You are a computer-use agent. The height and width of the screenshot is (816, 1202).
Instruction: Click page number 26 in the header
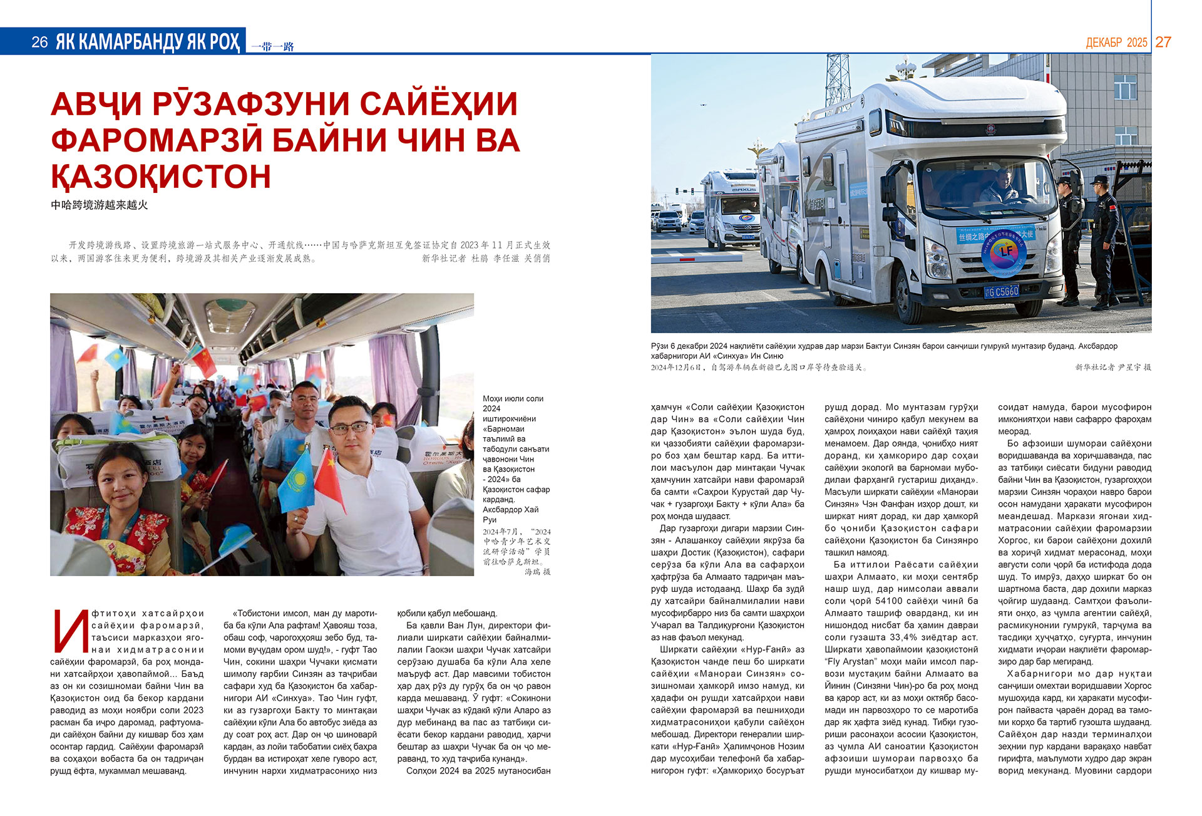pyautogui.click(x=39, y=42)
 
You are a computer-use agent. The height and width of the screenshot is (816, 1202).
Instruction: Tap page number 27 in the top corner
pyautogui.click(x=1163, y=42)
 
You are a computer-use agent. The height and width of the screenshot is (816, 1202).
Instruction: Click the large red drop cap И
pyautogui.click(x=68, y=631)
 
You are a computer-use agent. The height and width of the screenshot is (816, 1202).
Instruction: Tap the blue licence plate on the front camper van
pyautogui.click(x=1002, y=291)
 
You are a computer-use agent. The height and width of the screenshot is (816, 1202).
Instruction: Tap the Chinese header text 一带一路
pyautogui.click(x=272, y=46)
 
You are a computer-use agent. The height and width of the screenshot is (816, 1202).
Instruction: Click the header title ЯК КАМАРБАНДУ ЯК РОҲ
pyautogui.click(x=148, y=42)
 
